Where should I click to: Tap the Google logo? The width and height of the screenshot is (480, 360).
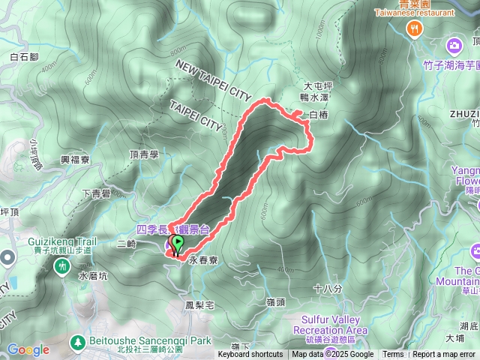click(x=28, y=349)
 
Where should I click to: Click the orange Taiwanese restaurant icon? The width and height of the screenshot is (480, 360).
click(x=413, y=28)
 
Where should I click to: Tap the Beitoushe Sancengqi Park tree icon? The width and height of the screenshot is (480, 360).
click(x=76, y=342)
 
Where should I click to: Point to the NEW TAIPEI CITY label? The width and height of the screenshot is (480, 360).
click(x=213, y=80)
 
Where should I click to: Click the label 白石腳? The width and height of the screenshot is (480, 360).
click(x=25, y=56)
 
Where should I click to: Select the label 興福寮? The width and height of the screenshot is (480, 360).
click(x=75, y=160)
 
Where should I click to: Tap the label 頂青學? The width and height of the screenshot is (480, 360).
click(x=145, y=154)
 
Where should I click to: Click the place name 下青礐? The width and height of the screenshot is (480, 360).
click(x=96, y=193)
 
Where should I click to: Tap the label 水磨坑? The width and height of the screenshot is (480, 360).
click(x=94, y=276)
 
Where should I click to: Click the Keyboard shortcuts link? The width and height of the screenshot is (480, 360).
click(x=250, y=355)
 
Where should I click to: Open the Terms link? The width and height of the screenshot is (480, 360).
click(x=393, y=355)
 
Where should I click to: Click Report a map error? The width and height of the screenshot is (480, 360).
click(x=443, y=355)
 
